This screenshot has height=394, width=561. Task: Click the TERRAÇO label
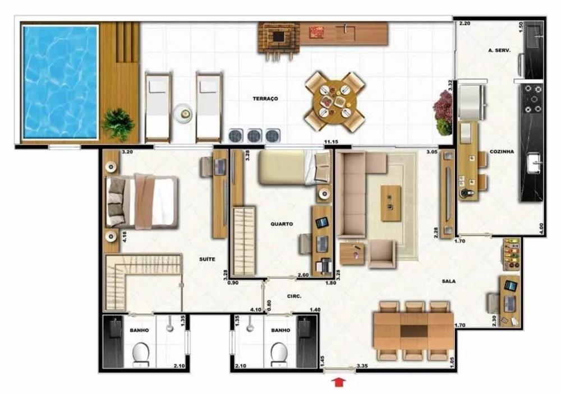[x=265, y=99]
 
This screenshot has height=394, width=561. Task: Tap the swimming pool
[x=59, y=82]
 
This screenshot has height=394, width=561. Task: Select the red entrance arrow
[x=340, y=382]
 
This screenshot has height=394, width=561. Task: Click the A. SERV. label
[x=499, y=50]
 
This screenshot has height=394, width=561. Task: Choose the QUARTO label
[x=281, y=224]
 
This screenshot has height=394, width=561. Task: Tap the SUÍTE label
[x=208, y=259]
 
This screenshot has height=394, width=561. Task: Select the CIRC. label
[x=295, y=296]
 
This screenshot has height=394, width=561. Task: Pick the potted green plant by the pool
[x=118, y=123]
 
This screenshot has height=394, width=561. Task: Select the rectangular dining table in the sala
[x=413, y=331]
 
